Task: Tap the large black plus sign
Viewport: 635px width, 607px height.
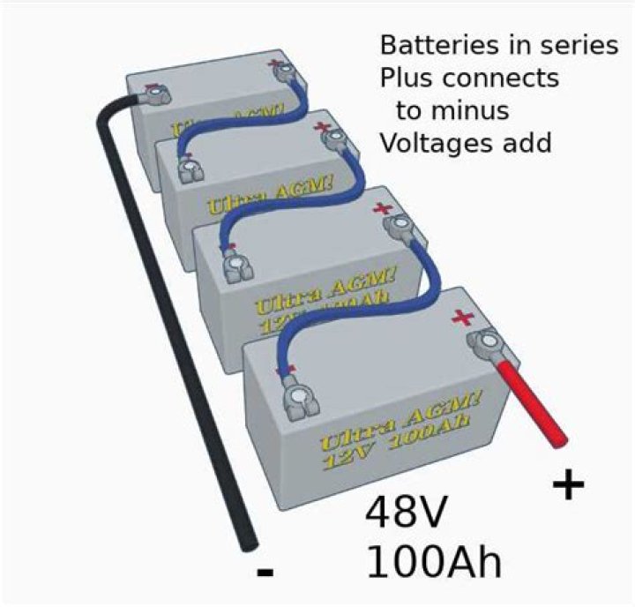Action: click(570, 484)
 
